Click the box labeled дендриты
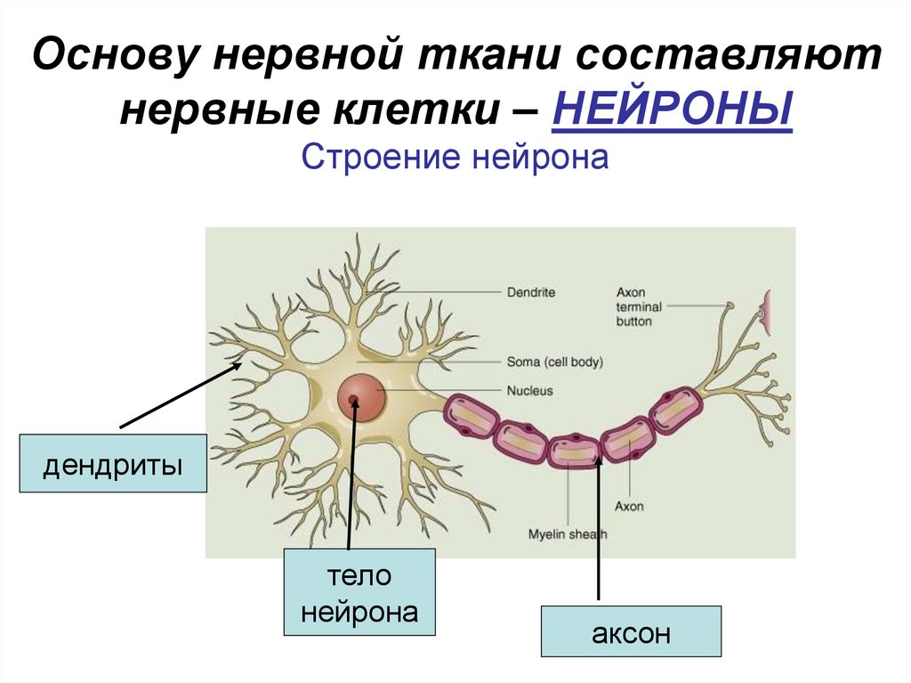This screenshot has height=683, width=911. click(113, 463)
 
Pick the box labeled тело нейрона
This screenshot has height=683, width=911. click(359, 592)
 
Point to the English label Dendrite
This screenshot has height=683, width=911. click(530, 291)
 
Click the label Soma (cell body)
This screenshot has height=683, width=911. click(554, 362)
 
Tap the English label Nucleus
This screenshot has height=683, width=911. click(529, 390)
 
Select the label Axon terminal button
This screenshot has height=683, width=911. click(634, 306)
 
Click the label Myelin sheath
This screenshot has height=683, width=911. click(566, 534)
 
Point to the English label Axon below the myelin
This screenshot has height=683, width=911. click(629, 507)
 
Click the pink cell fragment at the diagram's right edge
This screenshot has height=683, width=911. click(766, 308)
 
